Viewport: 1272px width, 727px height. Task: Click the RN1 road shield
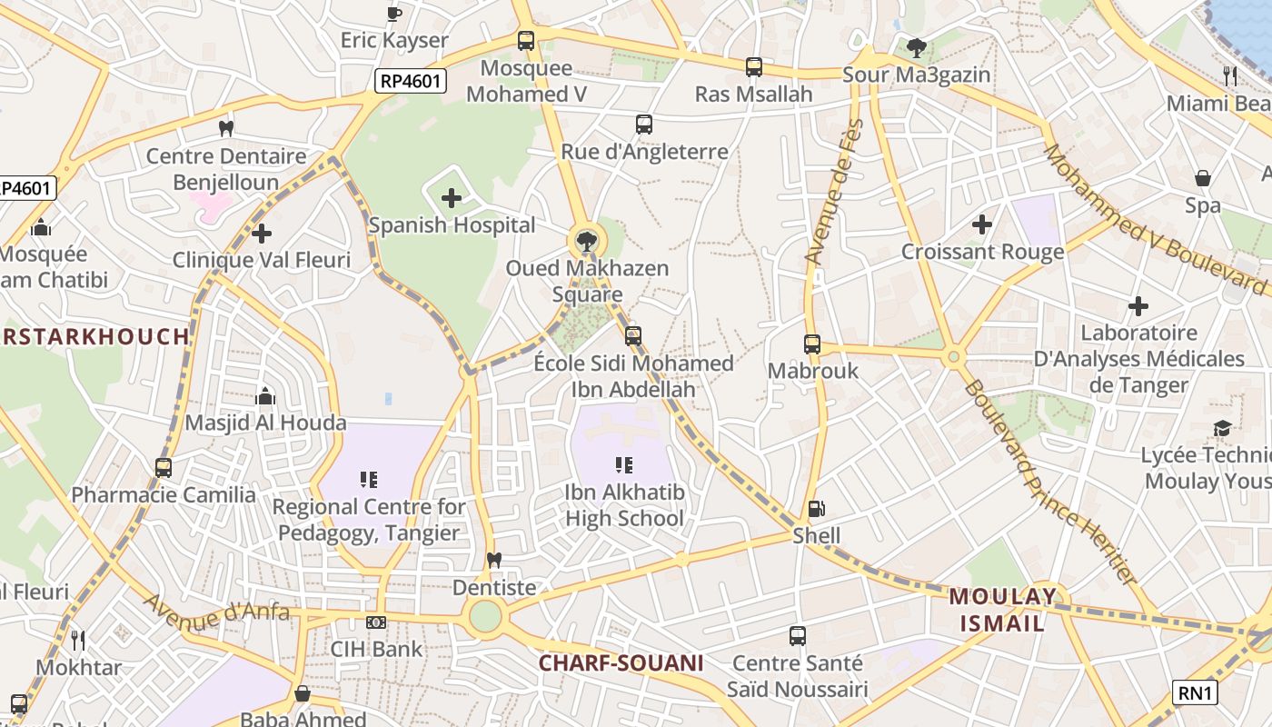point(1194,693)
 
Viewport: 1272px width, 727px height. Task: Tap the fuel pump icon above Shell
point(816,509)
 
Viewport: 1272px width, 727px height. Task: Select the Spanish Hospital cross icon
point(452,197)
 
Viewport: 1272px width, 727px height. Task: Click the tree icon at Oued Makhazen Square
point(587,242)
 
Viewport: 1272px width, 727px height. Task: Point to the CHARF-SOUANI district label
point(621,663)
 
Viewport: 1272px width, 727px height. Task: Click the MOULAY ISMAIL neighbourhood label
point(1003,610)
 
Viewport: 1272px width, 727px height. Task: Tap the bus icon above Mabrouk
point(812,344)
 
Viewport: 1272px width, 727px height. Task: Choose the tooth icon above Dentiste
point(494,560)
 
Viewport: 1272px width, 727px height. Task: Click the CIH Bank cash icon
point(376,622)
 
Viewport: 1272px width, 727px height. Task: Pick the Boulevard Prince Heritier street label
point(1050,482)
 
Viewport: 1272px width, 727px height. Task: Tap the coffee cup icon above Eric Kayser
point(393,13)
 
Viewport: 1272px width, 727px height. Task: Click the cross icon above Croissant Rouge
point(981,224)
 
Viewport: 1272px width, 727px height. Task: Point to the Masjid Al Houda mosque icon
point(265,396)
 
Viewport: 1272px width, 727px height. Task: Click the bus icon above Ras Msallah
point(754,66)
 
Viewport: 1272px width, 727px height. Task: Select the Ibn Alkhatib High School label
point(624,505)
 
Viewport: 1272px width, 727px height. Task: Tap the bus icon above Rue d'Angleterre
point(644,124)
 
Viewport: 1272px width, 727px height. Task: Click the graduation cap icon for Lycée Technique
point(1222,428)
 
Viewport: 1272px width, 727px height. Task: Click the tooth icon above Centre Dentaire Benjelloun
point(226,129)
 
